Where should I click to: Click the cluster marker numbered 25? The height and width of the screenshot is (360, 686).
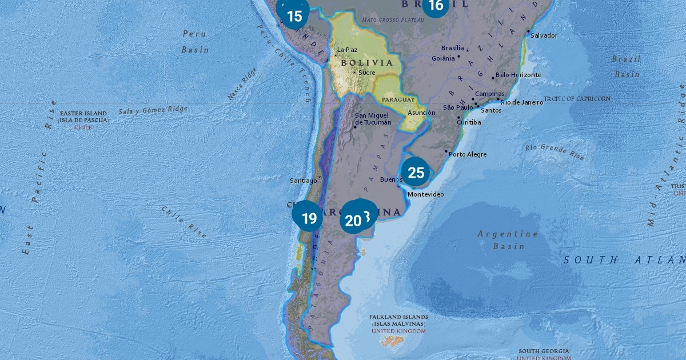pyautogui.click(x=416, y=172)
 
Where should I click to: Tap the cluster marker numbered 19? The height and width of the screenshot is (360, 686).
pyautogui.click(x=308, y=218)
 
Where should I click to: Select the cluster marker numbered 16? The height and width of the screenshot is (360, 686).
pyautogui.click(x=435, y=6)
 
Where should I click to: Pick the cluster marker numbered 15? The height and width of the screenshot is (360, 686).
pyautogui.click(x=294, y=15)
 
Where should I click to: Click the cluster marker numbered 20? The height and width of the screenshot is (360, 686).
pyautogui.click(x=353, y=220)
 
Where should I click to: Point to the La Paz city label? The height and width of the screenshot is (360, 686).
pyautogui.click(x=347, y=50)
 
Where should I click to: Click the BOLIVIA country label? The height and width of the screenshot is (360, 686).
pyautogui.click(x=367, y=63)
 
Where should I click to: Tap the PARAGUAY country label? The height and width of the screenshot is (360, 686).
pyautogui.click(x=398, y=99)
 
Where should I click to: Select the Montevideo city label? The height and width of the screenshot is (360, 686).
pyautogui.click(x=425, y=194)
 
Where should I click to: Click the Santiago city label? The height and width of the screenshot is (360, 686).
pyautogui.click(x=303, y=181)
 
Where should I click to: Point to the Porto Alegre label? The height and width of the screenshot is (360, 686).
pyautogui.click(x=468, y=154)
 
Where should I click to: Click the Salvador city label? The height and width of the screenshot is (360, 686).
pyautogui.click(x=544, y=35)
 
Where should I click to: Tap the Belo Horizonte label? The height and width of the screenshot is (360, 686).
pyautogui.click(x=518, y=75)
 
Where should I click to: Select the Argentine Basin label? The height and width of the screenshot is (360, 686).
pyautogui.click(x=508, y=239)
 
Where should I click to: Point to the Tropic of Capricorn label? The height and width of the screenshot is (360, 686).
pyautogui.click(x=577, y=99)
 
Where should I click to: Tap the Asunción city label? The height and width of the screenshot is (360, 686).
pyautogui.click(x=421, y=113)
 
